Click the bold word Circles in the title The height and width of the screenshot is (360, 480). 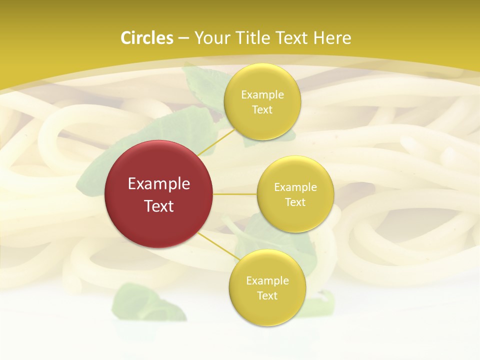pos(147,38)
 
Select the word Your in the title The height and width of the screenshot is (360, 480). pos(212,38)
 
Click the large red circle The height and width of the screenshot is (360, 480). pos(158,194)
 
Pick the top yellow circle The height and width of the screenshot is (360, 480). pos(262,102)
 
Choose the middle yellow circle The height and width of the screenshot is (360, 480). pos(295,194)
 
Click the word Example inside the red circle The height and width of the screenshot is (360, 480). pos(159,184)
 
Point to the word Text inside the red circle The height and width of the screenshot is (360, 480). pos(159,206)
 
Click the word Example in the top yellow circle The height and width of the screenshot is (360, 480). pos(262,95)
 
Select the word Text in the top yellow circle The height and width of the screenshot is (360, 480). pos(262,110)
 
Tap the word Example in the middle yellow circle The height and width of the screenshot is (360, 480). pos(295,187)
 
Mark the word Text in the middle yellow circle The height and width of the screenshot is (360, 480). pos(295,202)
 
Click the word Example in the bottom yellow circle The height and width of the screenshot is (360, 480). pos(267,281)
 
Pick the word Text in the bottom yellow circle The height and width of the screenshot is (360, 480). pos(267,296)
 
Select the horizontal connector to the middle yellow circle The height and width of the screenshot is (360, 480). pos(234,194)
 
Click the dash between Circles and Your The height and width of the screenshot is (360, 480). pos(183,38)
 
